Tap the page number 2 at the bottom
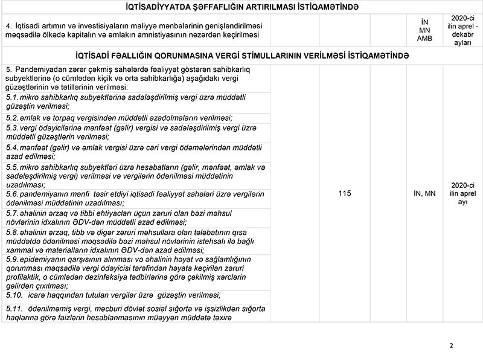point(451,346)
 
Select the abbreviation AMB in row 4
point(424,39)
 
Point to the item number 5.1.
point(11,97)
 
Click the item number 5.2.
point(11,118)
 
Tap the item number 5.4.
point(11,147)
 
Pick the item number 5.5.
point(11,167)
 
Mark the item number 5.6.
point(11,193)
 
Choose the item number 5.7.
point(11,213)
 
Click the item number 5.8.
point(11,232)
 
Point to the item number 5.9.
point(11,259)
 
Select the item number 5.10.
point(13,295)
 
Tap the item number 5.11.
point(13,309)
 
